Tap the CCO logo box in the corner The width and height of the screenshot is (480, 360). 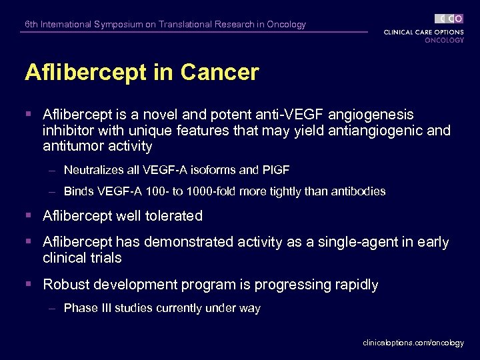[449, 19]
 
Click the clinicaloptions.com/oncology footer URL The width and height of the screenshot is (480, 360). [413, 343]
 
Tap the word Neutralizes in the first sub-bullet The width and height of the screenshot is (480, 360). [90, 170]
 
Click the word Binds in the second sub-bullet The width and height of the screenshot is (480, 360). [77, 191]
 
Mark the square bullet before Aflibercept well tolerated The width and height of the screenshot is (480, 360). [28, 216]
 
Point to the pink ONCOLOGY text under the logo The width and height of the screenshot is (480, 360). [444, 40]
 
